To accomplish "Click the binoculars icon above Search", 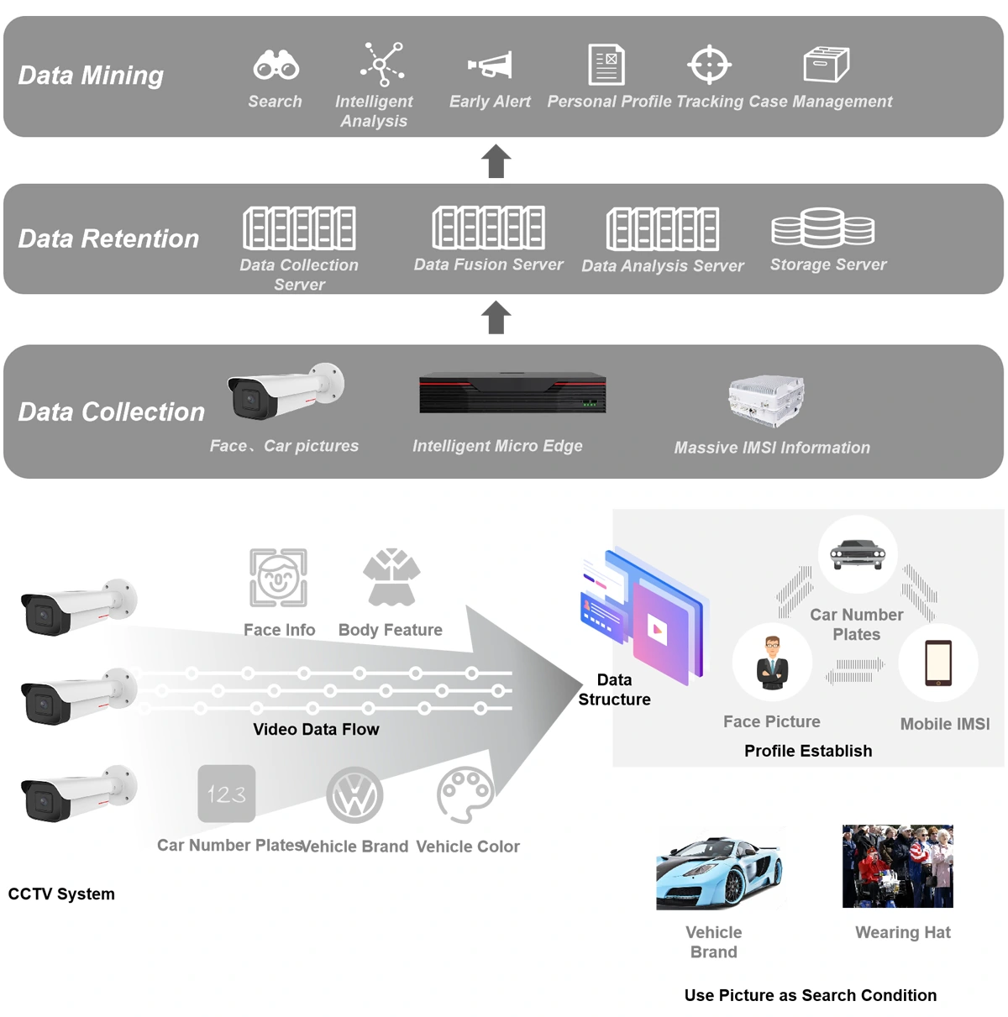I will pyautogui.click(x=276, y=65).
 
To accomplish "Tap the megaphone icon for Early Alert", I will pyautogui.click(x=491, y=66).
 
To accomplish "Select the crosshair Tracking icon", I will pyautogui.click(x=709, y=65).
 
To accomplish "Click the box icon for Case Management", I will pyautogui.click(x=826, y=65).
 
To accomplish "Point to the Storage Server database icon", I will pyautogui.click(x=822, y=228).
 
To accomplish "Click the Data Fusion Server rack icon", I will pyautogui.click(x=488, y=228).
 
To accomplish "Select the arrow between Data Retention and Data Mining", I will pyautogui.click(x=496, y=161).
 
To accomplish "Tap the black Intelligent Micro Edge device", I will pyautogui.click(x=512, y=393).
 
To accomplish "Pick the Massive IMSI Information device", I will pyautogui.click(x=766, y=401).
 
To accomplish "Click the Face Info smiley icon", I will pyautogui.click(x=278, y=578).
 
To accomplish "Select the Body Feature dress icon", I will pyautogui.click(x=391, y=578).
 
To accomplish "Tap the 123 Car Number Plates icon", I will pyautogui.click(x=227, y=794).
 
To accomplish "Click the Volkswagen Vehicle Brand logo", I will pyautogui.click(x=354, y=795).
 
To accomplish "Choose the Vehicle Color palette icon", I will pyautogui.click(x=465, y=794).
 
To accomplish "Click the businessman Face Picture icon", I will pyautogui.click(x=772, y=663).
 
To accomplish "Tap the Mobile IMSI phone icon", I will pyautogui.click(x=937, y=663).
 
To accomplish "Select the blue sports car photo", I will pyautogui.click(x=720, y=872).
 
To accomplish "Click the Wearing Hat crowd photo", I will pyautogui.click(x=897, y=866).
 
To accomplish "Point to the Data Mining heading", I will pyautogui.click(x=91, y=76).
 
